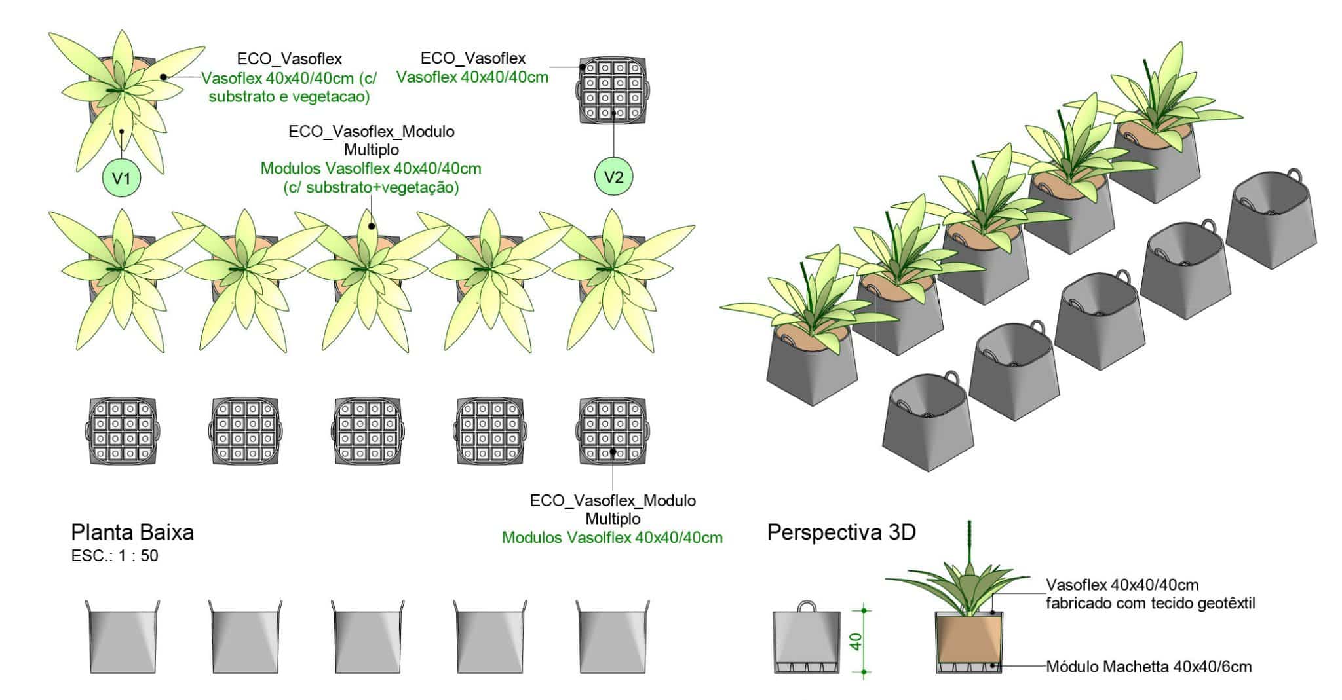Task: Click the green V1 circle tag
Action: click(122, 177)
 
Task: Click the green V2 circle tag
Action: click(613, 177)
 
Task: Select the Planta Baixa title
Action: click(132, 532)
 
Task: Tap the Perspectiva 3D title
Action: click(841, 532)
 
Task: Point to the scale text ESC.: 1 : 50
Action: click(115, 556)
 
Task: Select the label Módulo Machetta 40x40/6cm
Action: click(1149, 667)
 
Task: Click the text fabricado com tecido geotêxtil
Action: click(1150, 603)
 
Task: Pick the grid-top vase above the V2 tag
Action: click(613, 92)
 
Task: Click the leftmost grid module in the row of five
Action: click(123, 431)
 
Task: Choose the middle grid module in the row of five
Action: click(368, 431)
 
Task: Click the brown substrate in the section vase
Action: click(968, 640)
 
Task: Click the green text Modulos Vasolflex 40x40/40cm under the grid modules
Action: click(612, 538)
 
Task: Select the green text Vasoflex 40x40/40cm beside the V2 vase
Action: click(472, 77)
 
